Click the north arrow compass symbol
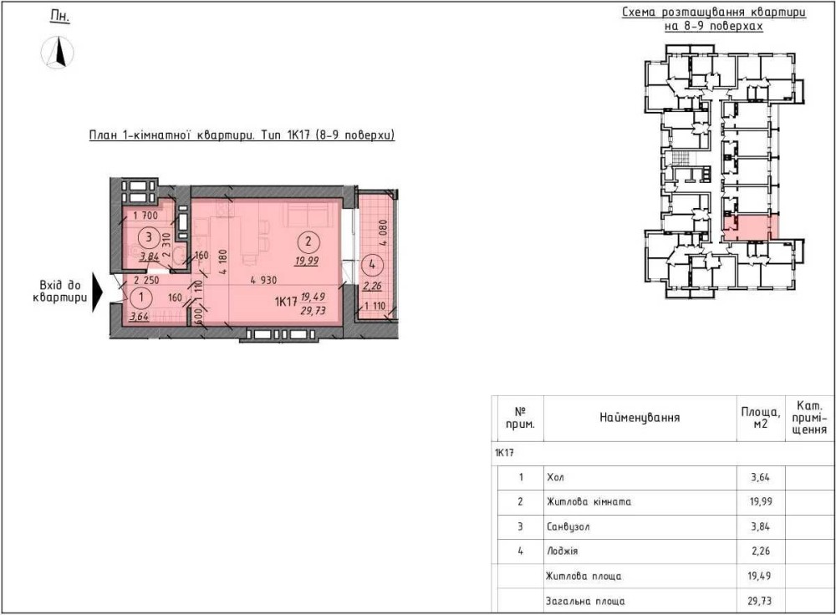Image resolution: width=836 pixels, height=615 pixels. tap(57, 53)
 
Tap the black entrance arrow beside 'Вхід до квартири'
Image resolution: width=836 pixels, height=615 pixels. tap(97, 292)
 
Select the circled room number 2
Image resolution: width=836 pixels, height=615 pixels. tap(308, 241)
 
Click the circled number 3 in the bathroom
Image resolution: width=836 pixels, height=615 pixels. tap(149, 236)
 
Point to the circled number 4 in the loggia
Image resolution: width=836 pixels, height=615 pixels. tap(372, 264)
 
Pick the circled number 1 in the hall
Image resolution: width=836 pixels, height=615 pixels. tap(140, 297)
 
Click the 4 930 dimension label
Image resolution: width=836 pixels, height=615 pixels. tap(263, 280)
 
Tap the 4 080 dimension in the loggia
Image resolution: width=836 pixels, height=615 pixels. tap(382, 233)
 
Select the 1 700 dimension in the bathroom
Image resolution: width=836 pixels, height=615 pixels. tap(145, 216)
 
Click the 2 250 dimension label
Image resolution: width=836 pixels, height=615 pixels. tap(146, 280)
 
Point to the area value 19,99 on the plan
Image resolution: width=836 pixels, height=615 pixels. tap(307, 261)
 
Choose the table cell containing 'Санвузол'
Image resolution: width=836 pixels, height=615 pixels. tap(568, 527)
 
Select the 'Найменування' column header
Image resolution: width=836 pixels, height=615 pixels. tap(640, 418)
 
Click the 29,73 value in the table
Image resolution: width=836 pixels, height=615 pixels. tap(760, 601)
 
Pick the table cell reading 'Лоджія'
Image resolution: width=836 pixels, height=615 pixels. tap(563, 551)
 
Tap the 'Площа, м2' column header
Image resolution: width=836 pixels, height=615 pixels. tap(761, 418)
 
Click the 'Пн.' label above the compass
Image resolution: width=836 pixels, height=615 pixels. tap(59, 16)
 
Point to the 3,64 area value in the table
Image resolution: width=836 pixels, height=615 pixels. tap(760, 477)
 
